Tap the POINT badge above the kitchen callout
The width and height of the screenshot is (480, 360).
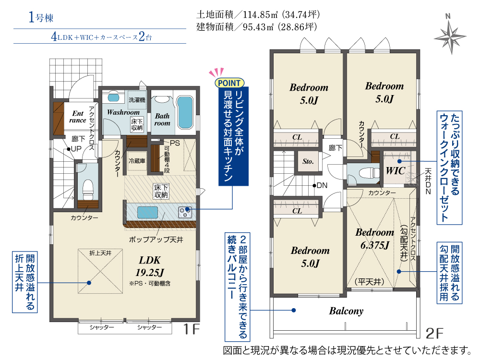[x=229, y=83]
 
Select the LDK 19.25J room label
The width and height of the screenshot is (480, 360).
[x=150, y=266]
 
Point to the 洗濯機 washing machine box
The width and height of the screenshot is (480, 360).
[x=137, y=100]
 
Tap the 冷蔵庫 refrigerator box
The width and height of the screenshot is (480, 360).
[x=136, y=161]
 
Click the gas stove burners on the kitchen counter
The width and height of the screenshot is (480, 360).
[x=185, y=212]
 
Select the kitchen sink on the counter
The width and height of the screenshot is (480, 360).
[x=147, y=213]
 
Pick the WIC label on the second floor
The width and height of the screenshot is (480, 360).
[x=395, y=170]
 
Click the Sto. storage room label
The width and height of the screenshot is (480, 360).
[x=308, y=161]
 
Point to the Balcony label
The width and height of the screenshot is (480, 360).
[x=346, y=311]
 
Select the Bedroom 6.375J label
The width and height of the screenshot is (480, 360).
[x=375, y=239]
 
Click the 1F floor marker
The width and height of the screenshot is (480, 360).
[x=192, y=329]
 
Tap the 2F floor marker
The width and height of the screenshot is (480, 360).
[x=434, y=334]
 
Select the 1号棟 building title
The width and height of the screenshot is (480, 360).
[x=41, y=17]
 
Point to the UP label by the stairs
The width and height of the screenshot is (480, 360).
[x=76, y=149]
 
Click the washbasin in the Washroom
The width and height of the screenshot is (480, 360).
[x=113, y=97]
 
